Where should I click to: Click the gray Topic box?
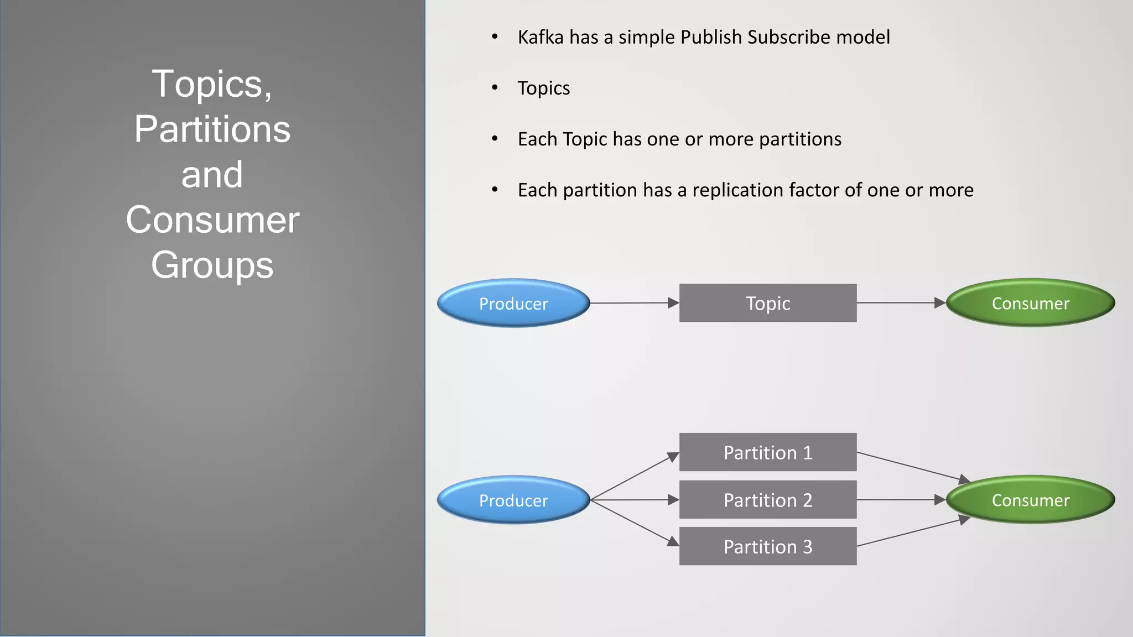(x=767, y=303)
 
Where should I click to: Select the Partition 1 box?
(x=767, y=452)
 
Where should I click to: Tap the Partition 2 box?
(x=767, y=500)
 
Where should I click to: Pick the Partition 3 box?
(x=767, y=546)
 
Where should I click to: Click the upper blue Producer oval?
(x=513, y=303)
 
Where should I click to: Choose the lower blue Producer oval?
(x=513, y=500)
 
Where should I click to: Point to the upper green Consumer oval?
(x=1030, y=303)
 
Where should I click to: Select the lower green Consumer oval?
(x=1030, y=500)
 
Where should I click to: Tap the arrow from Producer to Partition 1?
(x=634, y=476)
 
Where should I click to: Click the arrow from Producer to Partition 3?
(x=634, y=523)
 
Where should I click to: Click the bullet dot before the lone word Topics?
(x=495, y=88)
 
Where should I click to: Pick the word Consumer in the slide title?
(x=212, y=220)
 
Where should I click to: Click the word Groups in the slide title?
(x=212, y=265)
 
